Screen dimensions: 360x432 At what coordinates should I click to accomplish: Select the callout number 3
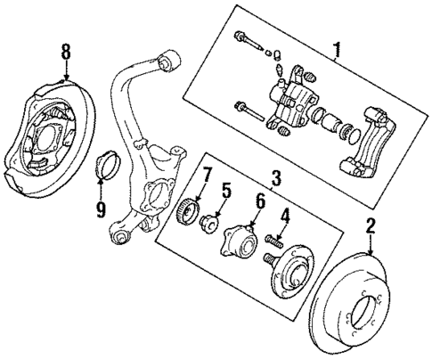[x=277, y=180]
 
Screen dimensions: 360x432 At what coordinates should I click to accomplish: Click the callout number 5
[x=226, y=190]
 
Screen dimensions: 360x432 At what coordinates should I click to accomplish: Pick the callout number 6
[x=260, y=200]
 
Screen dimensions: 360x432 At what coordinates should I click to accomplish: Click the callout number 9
[x=101, y=210]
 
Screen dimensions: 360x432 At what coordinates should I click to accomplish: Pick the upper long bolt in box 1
[x=250, y=42]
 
